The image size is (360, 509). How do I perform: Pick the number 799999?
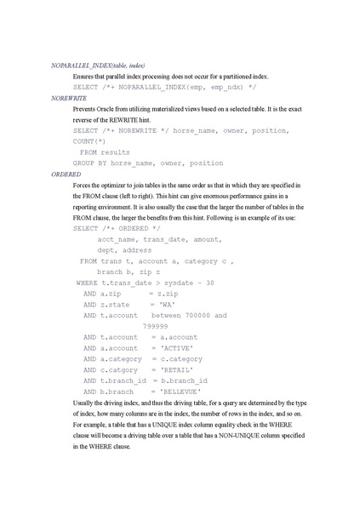(156, 326)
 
